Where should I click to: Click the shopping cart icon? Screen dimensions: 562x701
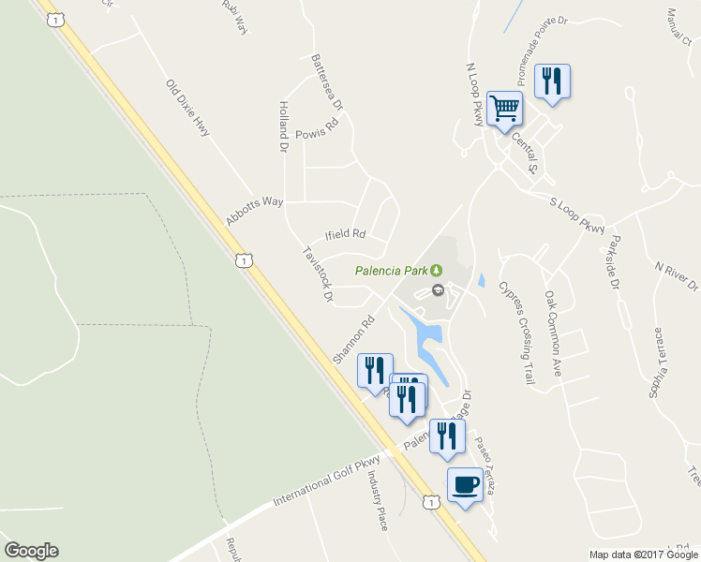(x=504, y=109)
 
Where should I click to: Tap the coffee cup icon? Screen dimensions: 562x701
(x=466, y=484)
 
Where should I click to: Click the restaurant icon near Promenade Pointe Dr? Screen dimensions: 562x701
(x=552, y=81)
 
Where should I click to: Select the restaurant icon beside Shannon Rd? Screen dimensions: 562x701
(x=375, y=369)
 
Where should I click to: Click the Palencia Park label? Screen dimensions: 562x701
(x=391, y=273)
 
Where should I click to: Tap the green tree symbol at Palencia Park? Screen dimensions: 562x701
(x=436, y=272)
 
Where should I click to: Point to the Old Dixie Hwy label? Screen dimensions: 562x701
(x=187, y=110)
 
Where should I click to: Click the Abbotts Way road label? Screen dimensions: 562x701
(x=254, y=211)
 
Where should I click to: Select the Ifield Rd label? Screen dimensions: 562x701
(x=344, y=234)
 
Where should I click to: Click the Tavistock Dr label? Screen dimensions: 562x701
(x=318, y=275)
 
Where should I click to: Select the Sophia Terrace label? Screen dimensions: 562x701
(x=658, y=362)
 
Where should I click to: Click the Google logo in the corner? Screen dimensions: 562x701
(x=31, y=551)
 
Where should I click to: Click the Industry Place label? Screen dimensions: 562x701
(x=377, y=501)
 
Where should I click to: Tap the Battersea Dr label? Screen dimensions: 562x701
(x=328, y=82)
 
